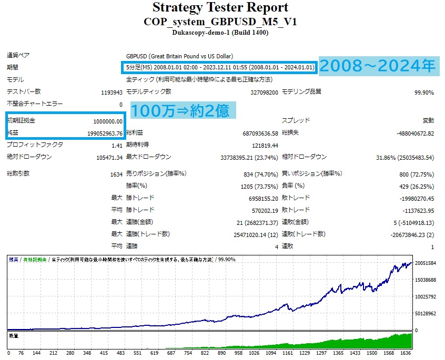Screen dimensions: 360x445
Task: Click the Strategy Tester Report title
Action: click(220, 8)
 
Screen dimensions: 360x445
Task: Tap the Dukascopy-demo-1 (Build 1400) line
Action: click(220, 33)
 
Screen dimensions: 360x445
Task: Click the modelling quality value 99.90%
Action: click(423, 92)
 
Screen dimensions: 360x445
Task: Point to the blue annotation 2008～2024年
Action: click(378, 66)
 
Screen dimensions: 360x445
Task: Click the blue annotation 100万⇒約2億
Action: click(179, 111)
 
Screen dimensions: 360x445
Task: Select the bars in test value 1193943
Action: click(112, 92)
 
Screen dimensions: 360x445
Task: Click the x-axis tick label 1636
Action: click(406, 353)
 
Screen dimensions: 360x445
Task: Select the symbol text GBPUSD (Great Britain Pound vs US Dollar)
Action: click(179, 56)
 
